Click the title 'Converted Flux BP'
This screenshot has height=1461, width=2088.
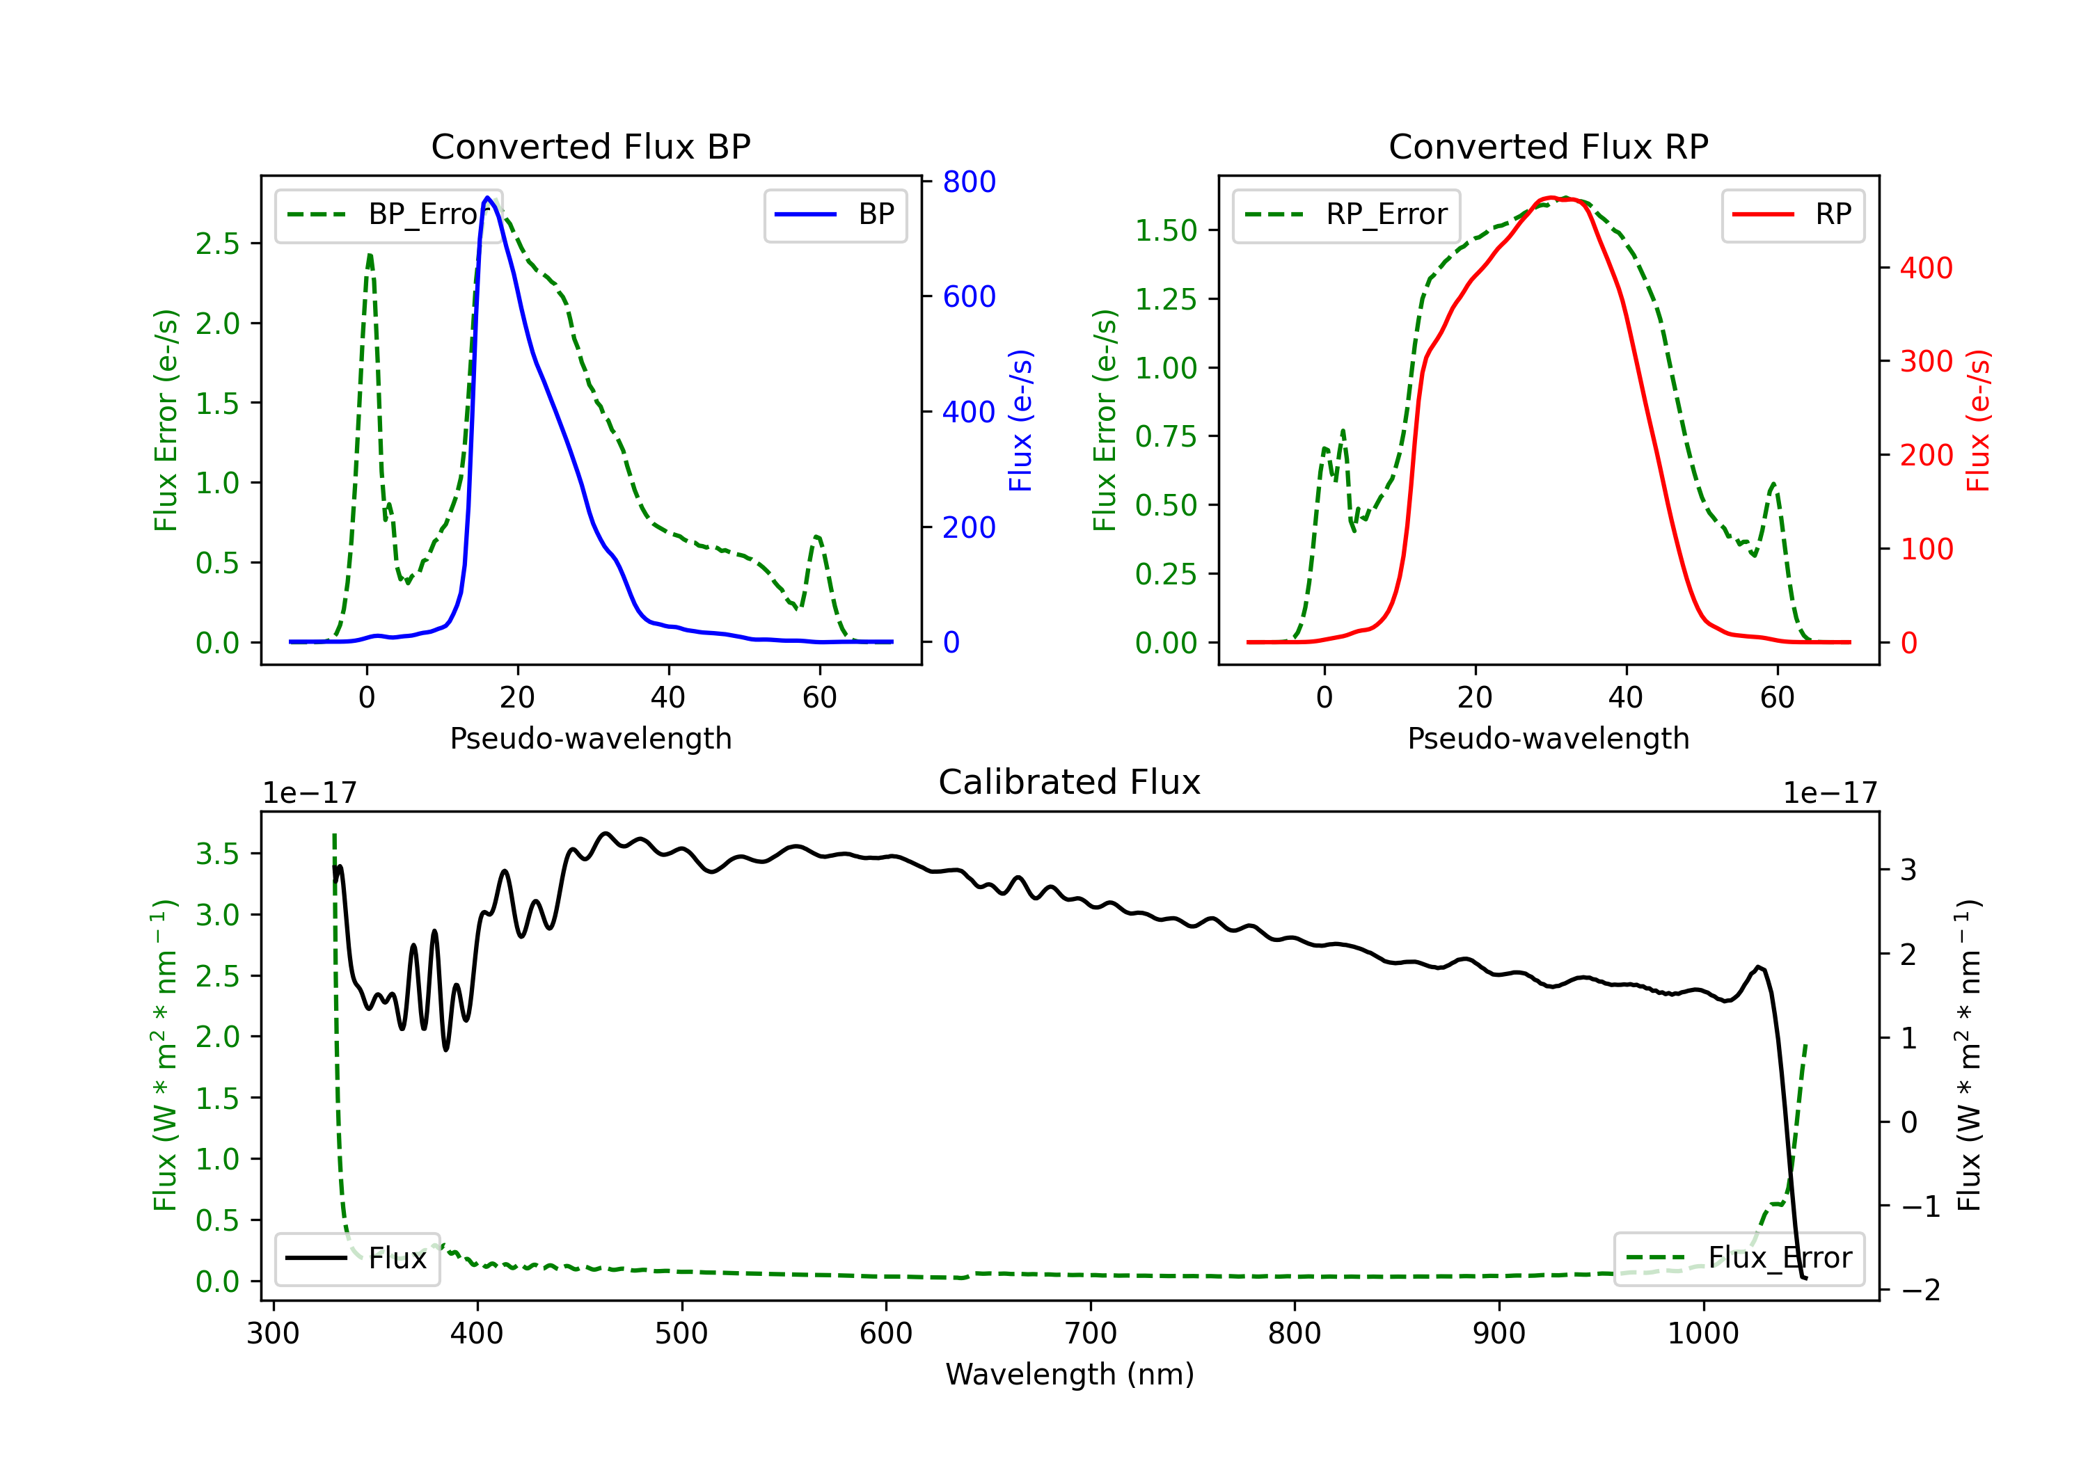590,146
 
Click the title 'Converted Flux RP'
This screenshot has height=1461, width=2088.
1548,146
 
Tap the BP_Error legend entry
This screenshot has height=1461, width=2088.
389,214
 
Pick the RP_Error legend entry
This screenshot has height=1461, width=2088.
1346,214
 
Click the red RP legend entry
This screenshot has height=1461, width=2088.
1792,214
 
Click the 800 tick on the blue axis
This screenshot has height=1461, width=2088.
969,182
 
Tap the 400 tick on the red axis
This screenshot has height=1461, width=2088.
1926,269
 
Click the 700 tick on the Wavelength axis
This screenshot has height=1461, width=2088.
1091,1333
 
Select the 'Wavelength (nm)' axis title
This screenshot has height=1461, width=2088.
1070,1374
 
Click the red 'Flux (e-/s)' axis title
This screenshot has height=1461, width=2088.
1978,420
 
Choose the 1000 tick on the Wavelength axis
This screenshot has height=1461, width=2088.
1702,1333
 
